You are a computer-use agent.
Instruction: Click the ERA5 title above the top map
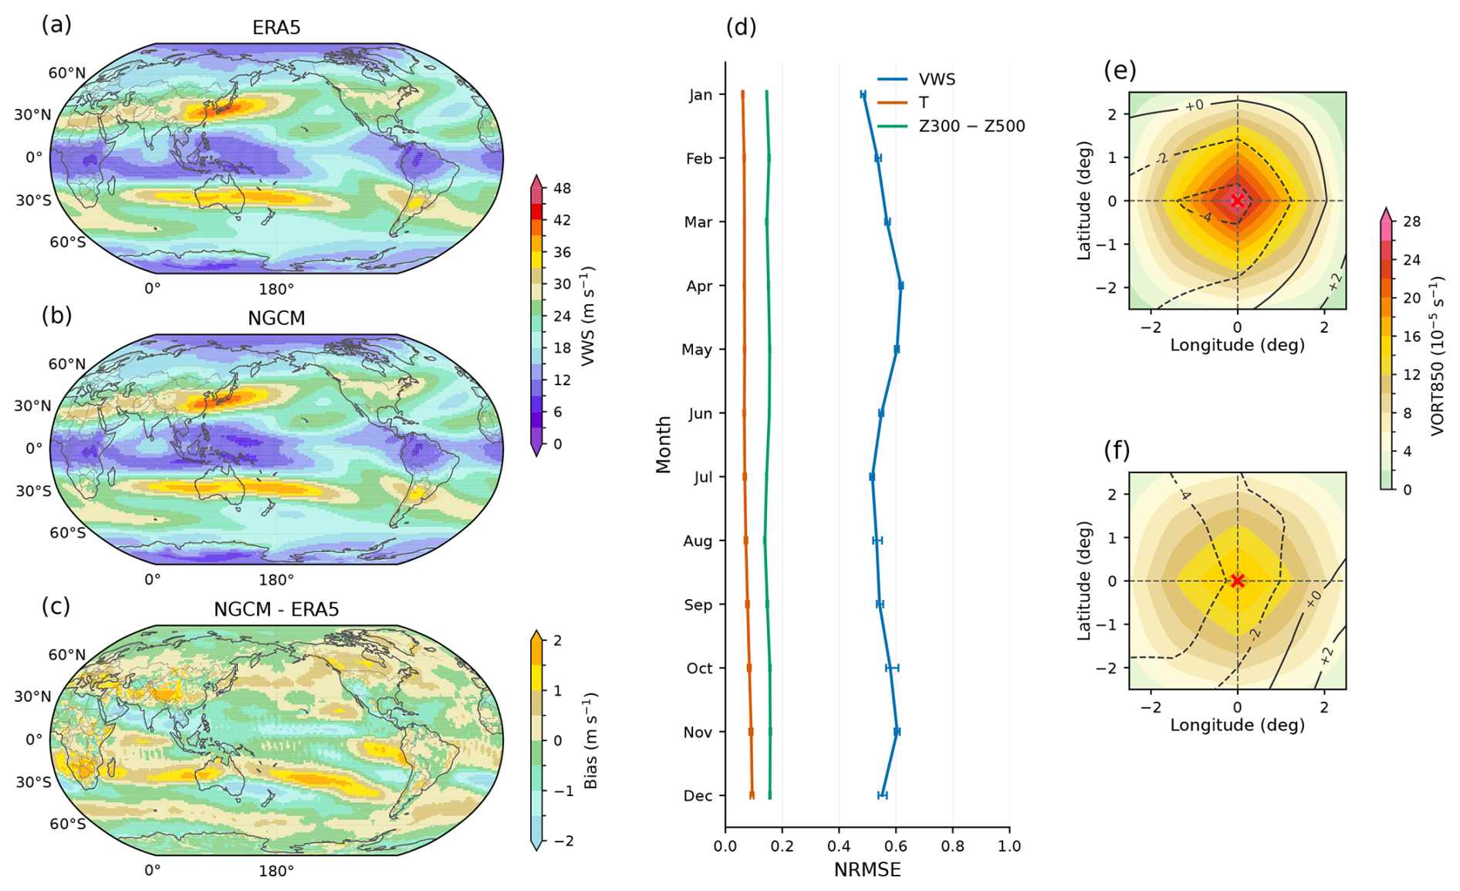tap(276, 28)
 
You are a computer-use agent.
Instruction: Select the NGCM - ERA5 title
tap(276, 609)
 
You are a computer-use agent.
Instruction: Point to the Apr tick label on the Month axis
tap(699, 286)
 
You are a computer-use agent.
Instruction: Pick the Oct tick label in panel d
tap(699, 669)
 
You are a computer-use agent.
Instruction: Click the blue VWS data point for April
tap(901, 286)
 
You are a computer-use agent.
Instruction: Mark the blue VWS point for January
tap(863, 94)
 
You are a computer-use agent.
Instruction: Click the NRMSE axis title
tap(867, 870)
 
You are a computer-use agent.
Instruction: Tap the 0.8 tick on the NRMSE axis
tap(952, 846)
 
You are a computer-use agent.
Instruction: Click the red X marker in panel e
tap(1238, 201)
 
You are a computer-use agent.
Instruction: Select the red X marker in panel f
tap(1238, 581)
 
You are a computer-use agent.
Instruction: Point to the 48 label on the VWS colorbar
tap(563, 188)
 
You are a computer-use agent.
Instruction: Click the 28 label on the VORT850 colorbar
tap(1412, 222)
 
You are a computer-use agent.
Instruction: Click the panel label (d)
tap(741, 27)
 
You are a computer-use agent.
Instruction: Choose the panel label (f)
tap(1117, 450)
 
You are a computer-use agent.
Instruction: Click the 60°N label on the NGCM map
tap(67, 364)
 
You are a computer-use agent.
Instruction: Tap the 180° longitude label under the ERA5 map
tap(276, 290)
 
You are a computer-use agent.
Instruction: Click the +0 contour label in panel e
tap(1194, 105)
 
